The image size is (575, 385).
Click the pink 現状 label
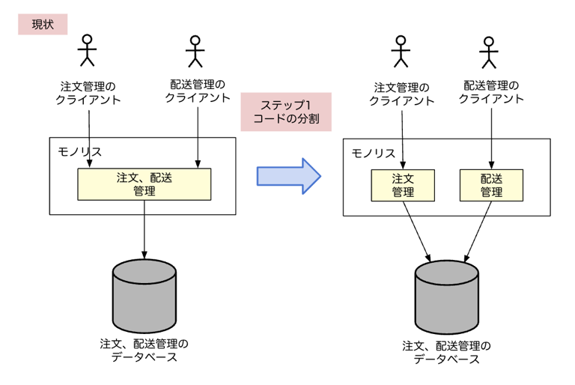(43, 24)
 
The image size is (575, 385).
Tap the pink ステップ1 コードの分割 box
(286, 111)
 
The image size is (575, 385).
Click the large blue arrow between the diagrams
(289, 176)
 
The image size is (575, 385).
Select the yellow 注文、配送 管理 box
(144, 184)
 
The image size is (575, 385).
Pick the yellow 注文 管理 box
(403, 185)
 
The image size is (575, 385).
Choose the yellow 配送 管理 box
(491, 185)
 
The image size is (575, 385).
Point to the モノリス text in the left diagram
(79, 151)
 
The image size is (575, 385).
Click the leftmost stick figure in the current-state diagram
(88, 49)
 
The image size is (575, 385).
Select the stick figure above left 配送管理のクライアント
(195, 51)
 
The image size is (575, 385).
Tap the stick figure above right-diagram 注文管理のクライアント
(402, 51)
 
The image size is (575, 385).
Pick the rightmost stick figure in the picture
(490, 51)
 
